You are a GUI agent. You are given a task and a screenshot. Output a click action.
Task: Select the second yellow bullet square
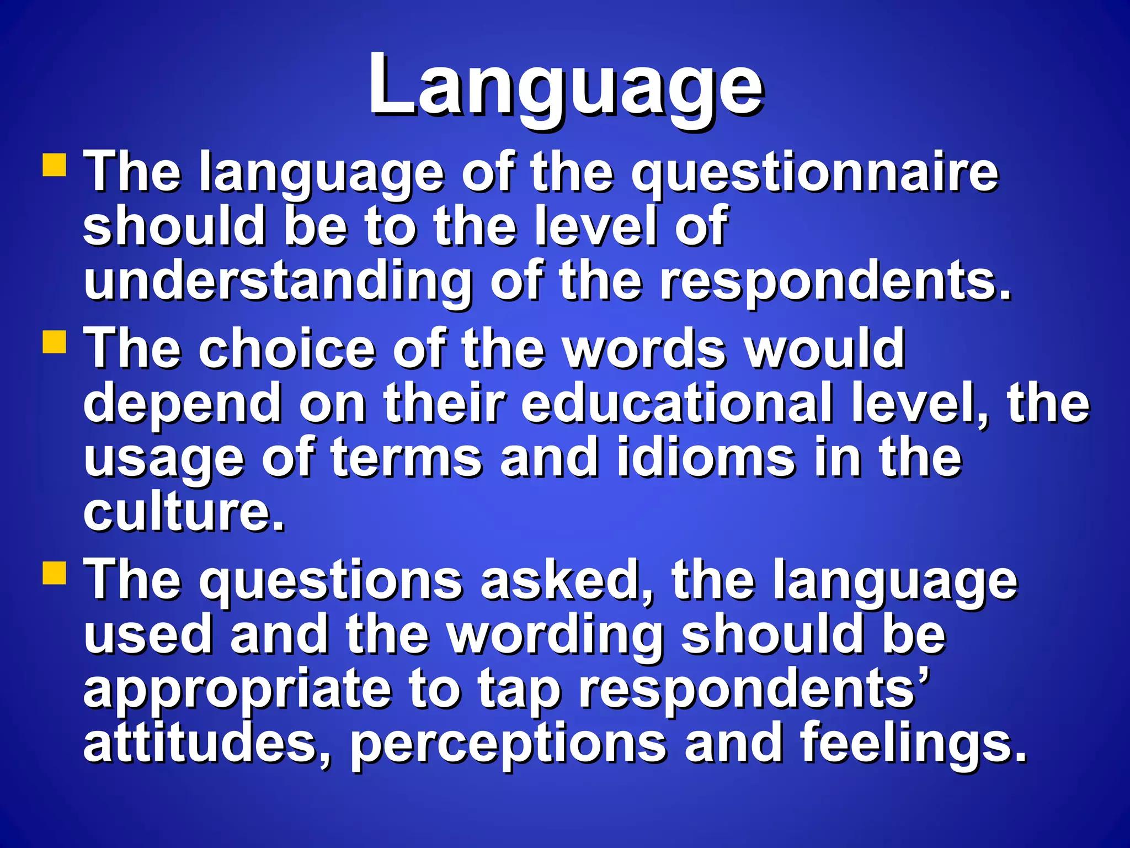[x=55, y=341]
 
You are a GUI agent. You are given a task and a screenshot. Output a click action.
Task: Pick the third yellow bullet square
[x=55, y=573]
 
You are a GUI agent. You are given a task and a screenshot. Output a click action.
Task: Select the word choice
[x=287, y=349]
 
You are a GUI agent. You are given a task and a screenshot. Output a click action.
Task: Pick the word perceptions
[x=508, y=744]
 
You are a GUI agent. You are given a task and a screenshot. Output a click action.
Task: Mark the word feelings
[x=913, y=744]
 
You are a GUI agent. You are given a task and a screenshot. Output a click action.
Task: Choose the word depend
[x=182, y=404]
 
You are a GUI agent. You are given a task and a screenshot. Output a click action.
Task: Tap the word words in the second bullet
[x=646, y=349]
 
